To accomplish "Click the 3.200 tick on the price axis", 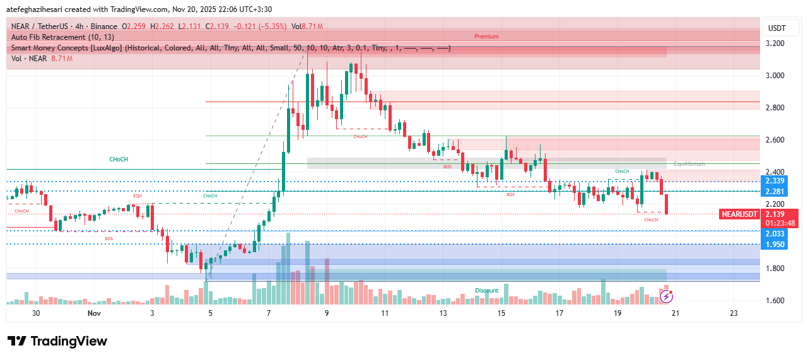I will (x=775, y=44).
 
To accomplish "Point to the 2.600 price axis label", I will (x=775, y=140).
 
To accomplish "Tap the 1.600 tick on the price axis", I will (x=775, y=301).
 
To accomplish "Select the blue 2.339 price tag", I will (x=775, y=182).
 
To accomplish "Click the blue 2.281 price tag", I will (x=775, y=192).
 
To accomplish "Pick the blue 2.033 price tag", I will (x=775, y=234).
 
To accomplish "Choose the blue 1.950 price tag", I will (x=775, y=244).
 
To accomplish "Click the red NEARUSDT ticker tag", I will (x=740, y=214).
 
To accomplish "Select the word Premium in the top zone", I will (x=486, y=37).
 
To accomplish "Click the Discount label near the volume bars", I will (x=486, y=291).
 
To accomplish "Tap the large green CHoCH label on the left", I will (x=119, y=160).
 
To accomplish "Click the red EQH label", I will (x=137, y=196).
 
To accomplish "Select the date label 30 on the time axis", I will (x=36, y=313).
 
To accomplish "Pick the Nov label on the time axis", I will (x=94, y=313).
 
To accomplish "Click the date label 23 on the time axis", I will (x=734, y=313).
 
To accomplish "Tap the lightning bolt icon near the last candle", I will (x=667, y=296).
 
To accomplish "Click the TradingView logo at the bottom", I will (x=57, y=342).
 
